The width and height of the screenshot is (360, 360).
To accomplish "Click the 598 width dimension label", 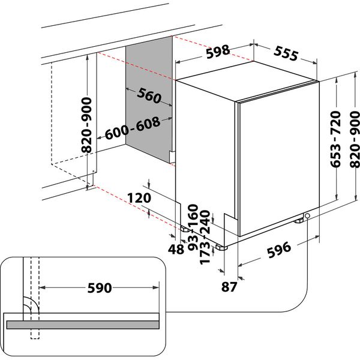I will (217, 52).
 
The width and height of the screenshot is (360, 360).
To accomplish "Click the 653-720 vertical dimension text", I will (336, 140).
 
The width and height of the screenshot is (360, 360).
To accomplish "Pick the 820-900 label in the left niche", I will (85, 125).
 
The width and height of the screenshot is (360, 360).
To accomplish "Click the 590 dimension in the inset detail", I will (99, 289).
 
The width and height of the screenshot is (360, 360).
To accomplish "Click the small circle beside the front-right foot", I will (307, 216).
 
